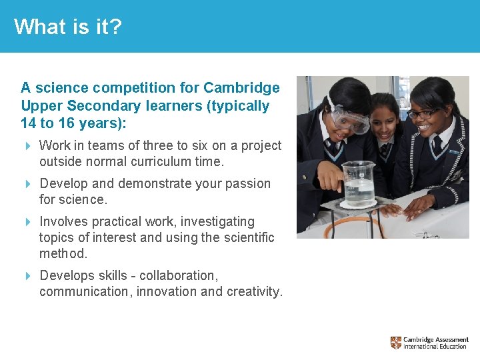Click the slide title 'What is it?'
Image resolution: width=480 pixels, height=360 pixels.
(x=68, y=27)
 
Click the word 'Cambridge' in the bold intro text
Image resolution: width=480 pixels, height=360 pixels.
(x=241, y=88)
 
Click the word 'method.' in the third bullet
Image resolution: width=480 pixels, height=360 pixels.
(x=63, y=253)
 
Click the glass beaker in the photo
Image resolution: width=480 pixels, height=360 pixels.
(x=359, y=183)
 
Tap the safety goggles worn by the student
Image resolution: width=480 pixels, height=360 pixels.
(x=349, y=121)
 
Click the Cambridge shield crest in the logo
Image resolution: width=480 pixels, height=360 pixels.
(x=396, y=343)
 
